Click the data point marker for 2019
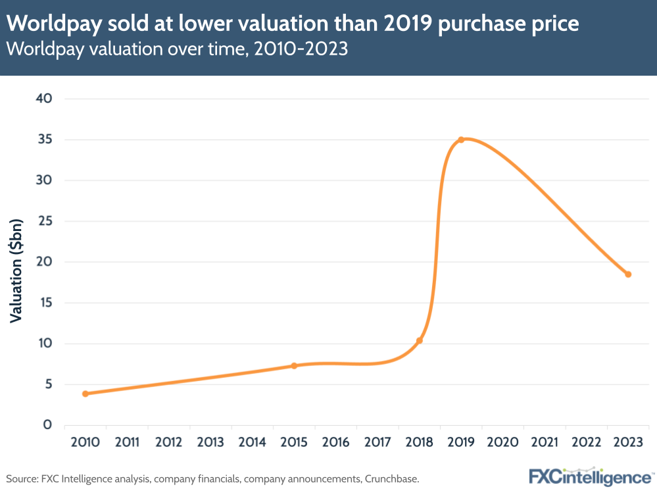[461, 140]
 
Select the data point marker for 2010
[85, 394]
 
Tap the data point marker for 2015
[294, 366]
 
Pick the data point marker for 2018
[420, 340]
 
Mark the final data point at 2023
[628, 274]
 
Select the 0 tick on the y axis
[48, 425]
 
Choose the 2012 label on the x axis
[169, 442]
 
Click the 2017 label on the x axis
[377, 442]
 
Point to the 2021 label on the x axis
[545, 442]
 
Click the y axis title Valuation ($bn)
[16, 270]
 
